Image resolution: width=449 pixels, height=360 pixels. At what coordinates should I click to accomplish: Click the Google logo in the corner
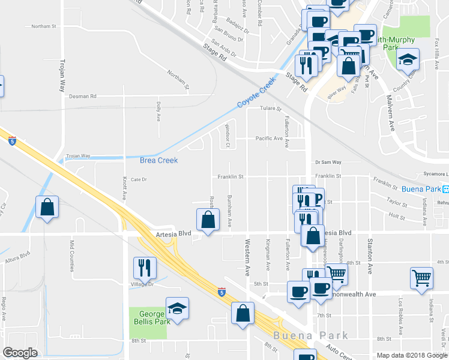pos(20,353)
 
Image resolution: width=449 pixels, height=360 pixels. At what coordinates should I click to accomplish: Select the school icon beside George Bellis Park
pos(177,309)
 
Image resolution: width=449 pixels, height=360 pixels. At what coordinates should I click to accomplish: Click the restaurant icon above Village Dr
pos(144,268)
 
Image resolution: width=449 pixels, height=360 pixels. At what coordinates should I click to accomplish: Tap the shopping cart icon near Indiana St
pos(422,278)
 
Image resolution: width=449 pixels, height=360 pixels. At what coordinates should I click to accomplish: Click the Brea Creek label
pos(158,160)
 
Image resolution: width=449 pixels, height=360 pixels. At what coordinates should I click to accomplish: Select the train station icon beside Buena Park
pos(445,188)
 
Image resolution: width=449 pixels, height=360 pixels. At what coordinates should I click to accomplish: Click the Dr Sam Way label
pos(328,162)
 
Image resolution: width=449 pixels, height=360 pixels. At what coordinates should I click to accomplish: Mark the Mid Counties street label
pos(71,255)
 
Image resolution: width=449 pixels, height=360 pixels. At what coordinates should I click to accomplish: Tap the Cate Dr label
pos(139,179)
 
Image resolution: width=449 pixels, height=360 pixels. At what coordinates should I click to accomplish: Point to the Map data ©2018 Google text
pos(412,355)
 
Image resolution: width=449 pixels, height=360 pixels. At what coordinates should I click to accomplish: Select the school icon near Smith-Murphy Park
pos(408,60)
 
